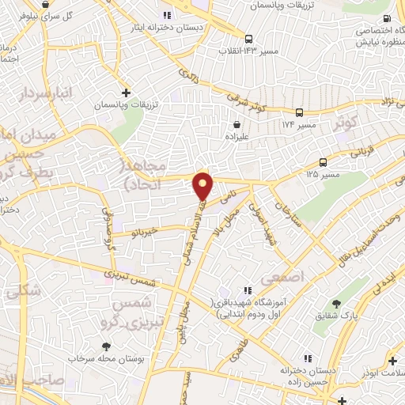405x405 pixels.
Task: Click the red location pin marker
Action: tap(204, 186)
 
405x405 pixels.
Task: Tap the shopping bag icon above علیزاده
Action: tap(237, 123)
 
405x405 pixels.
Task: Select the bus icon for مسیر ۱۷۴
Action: tap(300, 112)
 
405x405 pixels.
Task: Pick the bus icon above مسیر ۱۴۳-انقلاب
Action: tap(249, 39)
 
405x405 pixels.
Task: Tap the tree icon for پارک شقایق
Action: tap(336, 304)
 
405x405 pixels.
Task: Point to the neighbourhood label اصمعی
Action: tap(289, 278)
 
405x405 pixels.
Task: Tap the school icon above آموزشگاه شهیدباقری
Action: tap(248, 290)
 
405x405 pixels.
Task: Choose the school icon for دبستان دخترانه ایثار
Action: tap(166, 15)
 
